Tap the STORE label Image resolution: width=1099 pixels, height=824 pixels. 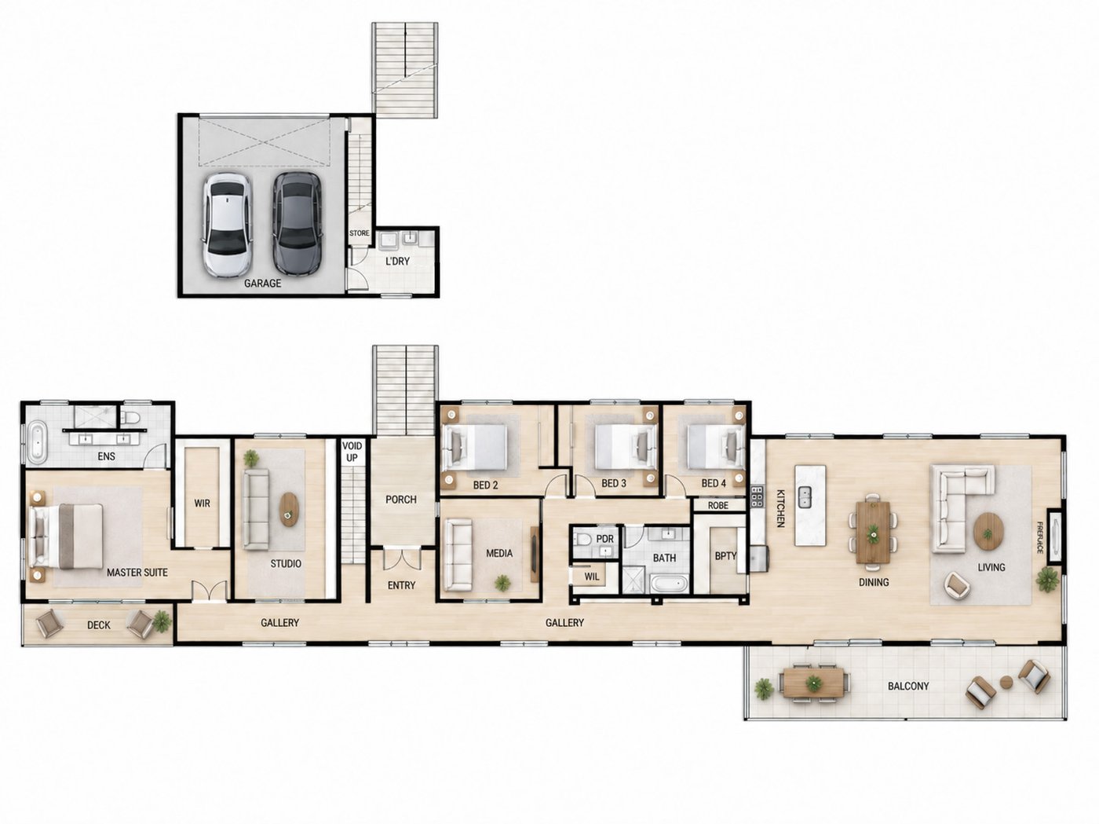pyautogui.click(x=359, y=233)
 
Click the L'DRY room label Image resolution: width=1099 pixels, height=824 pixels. pyautogui.click(x=397, y=262)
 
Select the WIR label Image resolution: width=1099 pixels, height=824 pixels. pyautogui.click(x=202, y=504)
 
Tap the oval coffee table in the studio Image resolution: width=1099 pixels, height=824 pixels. pyautogui.click(x=288, y=510)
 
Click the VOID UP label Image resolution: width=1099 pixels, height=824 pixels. pyautogui.click(x=352, y=452)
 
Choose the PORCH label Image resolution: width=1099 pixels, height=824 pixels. pyautogui.click(x=401, y=500)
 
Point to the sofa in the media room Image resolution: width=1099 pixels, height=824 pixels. pyautogui.click(x=458, y=555)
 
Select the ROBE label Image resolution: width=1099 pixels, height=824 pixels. pyautogui.click(x=718, y=506)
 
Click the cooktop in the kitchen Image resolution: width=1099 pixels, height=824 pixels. pyautogui.click(x=757, y=496)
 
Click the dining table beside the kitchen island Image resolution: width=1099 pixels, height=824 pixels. pyautogui.click(x=873, y=533)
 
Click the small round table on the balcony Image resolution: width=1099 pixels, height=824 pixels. pyautogui.click(x=1006, y=682)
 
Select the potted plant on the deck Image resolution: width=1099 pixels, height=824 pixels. pyautogui.click(x=161, y=621)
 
